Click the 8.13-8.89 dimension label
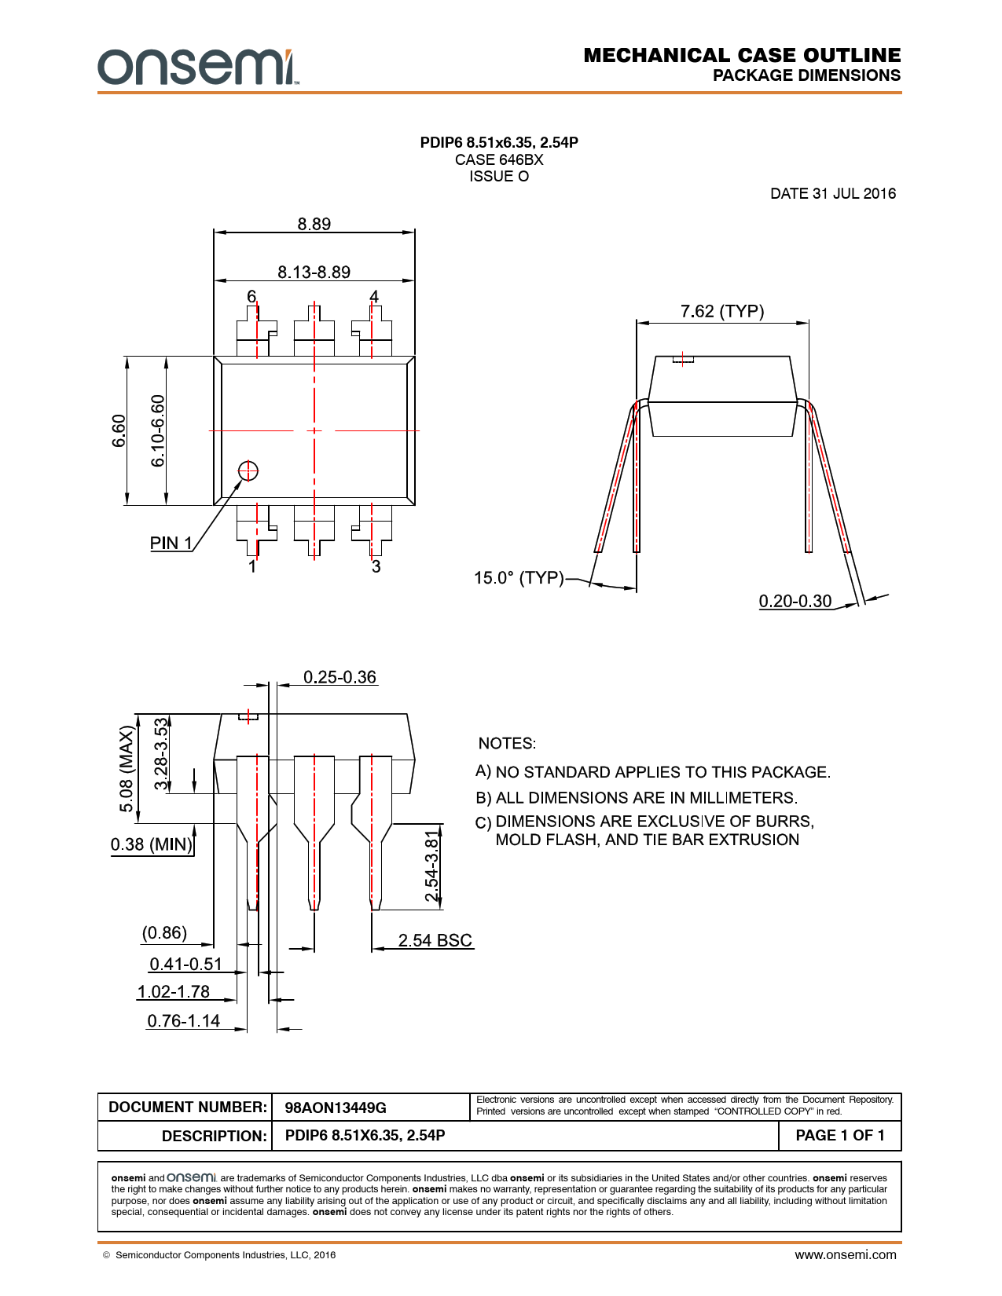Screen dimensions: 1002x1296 pos(314,272)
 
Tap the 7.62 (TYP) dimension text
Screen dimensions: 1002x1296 pos(722,311)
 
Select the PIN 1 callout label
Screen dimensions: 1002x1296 pos(171,544)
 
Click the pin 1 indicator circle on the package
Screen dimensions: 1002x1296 pos(248,470)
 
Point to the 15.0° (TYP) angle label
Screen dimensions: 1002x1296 pos(519,578)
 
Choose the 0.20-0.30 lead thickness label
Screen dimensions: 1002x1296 pos(795,601)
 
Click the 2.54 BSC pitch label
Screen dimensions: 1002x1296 pos(435,940)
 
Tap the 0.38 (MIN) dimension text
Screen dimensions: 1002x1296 pos(152,844)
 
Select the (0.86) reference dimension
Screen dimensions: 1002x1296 pos(164,933)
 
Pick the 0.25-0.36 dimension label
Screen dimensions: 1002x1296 pos(340,677)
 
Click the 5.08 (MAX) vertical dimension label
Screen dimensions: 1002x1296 pos(126,769)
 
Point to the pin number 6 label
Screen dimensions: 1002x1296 pos(251,296)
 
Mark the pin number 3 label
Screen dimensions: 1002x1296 pos(376,566)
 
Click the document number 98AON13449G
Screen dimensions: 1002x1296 pos(336,1107)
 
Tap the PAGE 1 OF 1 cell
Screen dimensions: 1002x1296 pos(839,1135)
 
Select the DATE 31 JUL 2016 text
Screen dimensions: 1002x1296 pos(833,193)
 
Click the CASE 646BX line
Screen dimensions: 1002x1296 pos(499,159)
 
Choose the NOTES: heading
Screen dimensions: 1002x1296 pos(507,743)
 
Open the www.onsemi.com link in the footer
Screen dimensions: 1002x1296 pos(845,1255)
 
